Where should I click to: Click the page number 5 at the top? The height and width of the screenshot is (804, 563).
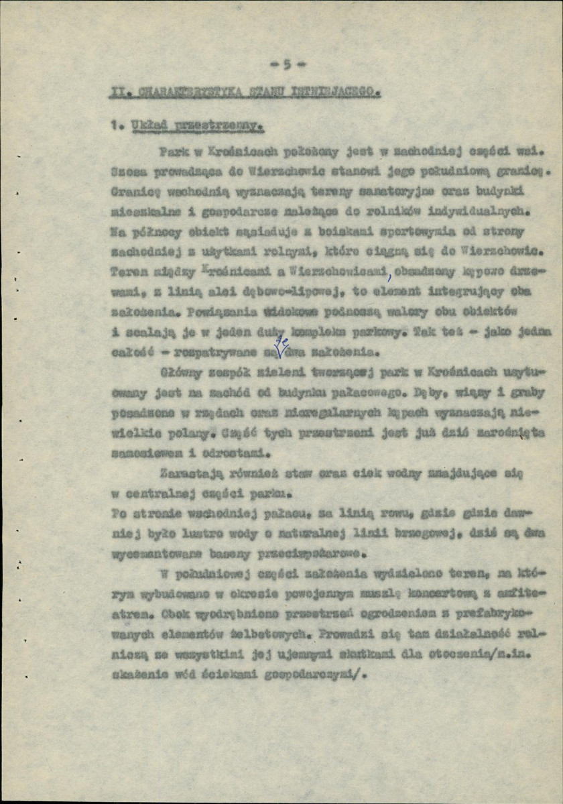click(x=286, y=64)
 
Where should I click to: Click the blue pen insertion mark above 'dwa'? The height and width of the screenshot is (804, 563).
click(x=281, y=343)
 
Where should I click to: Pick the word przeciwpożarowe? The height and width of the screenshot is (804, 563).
click(x=318, y=554)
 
